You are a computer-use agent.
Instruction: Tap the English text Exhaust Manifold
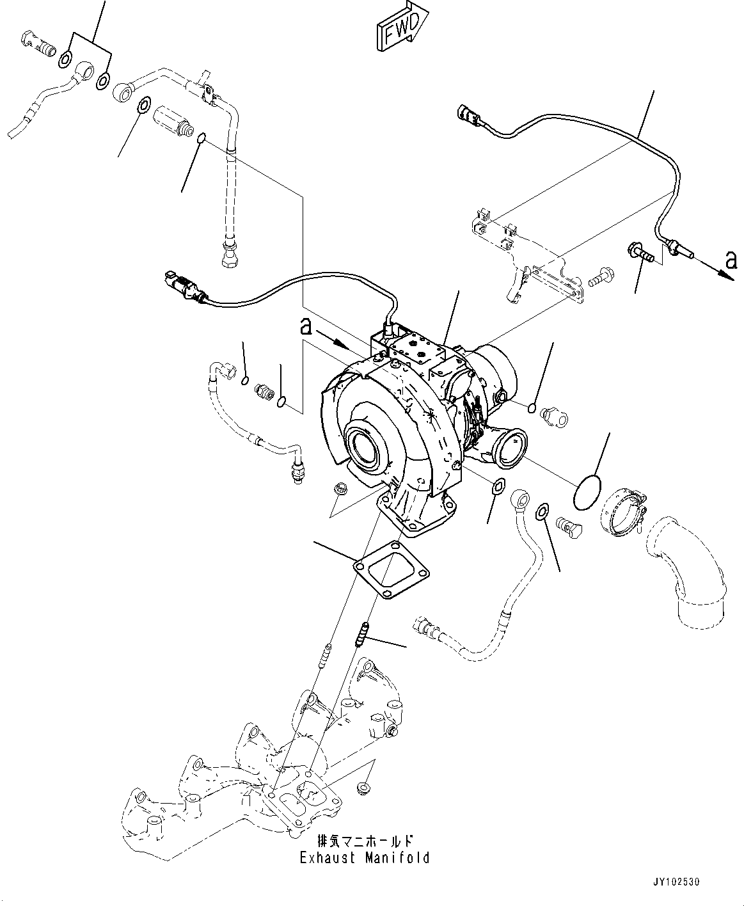(365, 858)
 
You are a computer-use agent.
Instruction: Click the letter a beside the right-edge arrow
(731, 260)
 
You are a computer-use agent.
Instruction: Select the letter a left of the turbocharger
(307, 327)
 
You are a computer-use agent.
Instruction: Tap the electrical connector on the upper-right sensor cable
(471, 116)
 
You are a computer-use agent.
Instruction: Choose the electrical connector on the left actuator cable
(184, 285)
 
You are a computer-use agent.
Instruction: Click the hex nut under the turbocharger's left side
(342, 488)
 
